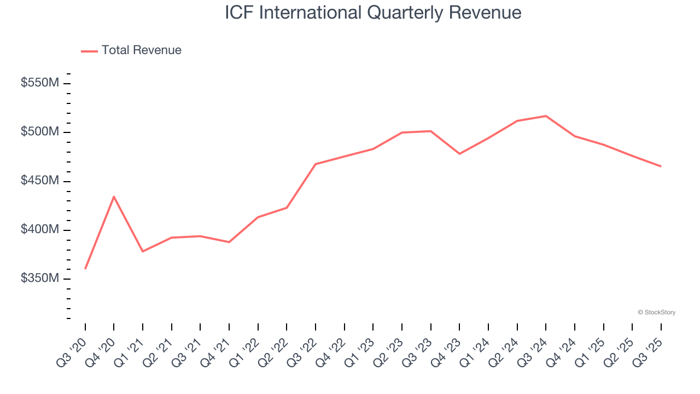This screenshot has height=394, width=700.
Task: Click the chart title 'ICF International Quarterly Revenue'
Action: (373, 13)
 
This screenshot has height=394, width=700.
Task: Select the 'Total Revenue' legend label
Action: (141, 50)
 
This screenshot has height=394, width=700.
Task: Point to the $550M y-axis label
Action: (40, 83)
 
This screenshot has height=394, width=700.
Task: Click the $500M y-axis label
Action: (40, 132)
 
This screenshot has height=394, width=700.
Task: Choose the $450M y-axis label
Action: (40, 181)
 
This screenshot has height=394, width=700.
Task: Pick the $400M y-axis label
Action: (40, 229)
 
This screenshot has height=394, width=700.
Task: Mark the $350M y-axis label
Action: (40, 278)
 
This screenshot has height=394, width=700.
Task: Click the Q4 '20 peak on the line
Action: (114, 196)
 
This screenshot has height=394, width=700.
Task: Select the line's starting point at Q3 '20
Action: (85, 268)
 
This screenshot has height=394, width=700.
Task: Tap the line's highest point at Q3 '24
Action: (546, 116)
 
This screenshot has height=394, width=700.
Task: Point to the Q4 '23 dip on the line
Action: (459, 154)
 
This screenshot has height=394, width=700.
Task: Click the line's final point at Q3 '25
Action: (661, 166)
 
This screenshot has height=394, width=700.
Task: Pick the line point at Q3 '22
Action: (316, 164)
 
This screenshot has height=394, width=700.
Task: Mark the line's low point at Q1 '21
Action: (143, 251)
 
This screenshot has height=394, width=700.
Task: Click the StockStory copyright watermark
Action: (656, 312)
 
